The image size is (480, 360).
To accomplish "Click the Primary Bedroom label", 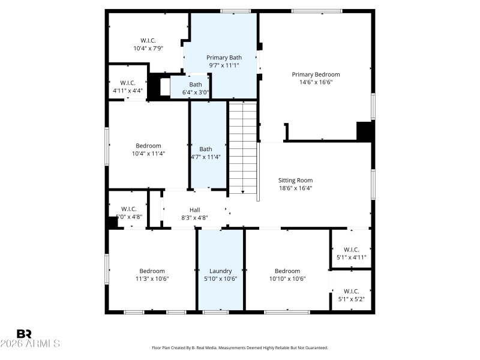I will (316, 74).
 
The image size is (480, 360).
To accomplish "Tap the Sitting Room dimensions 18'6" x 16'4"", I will (295, 188).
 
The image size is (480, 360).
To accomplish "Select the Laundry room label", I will (220, 271).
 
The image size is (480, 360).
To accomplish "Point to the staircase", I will (242, 147).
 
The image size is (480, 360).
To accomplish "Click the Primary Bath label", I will (224, 57).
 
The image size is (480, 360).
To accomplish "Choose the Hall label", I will (194, 209).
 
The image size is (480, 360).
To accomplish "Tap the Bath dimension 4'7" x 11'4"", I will (206, 157).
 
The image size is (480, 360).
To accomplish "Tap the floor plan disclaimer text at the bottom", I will (240, 347).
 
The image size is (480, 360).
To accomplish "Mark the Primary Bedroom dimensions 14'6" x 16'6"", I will (316, 82).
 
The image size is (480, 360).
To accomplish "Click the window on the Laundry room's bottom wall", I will (215, 312).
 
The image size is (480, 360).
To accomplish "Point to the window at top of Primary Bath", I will (235, 11).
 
